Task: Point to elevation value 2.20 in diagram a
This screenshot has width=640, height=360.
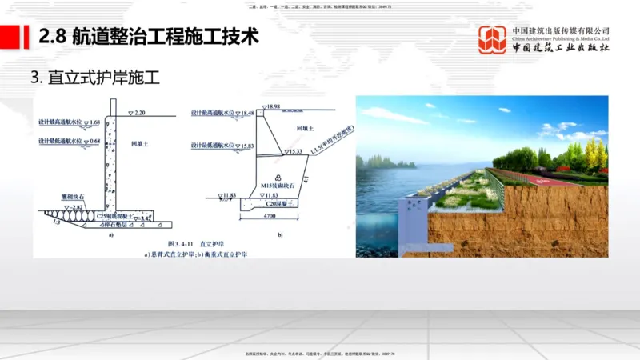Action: click(x=140, y=113)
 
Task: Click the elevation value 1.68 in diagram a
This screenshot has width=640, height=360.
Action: click(x=95, y=122)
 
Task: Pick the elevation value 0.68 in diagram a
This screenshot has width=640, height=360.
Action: click(x=95, y=142)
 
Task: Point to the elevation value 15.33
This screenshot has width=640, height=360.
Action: click(x=295, y=151)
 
